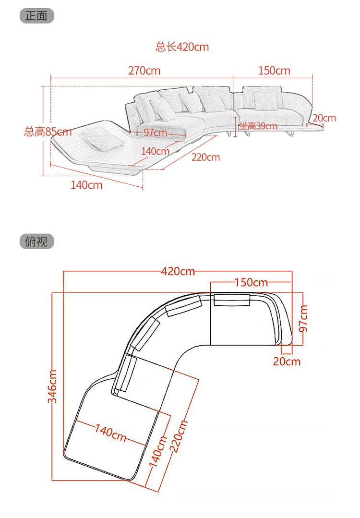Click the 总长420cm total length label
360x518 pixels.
pyautogui.click(x=182, y=47)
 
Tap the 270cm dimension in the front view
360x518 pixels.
pyautogui.click(x=144, y=71)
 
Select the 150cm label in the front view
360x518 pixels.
pyautogui.click(x=274, y=71)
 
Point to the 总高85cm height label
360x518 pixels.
pyautogui.click(x=48, y=132)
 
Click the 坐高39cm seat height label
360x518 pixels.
pyautogui.click(x=258, y=126)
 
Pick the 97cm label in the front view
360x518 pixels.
pyautogui.click(x=155, y=133)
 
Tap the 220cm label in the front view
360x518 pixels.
pyautogui.click(x=206, y=157)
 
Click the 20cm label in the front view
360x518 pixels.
pyautogui.click(x=324, y=118)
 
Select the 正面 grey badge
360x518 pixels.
pyautogui.click(x=36, y=16)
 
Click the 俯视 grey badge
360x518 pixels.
pyautogui.click(x=36, y=241)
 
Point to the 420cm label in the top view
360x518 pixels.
pyautogui.click(x=178, y=272)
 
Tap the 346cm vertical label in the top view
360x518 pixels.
pyautogui.click(x=52, y=386)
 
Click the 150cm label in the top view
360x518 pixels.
pyautogui.click(x=251, y=282)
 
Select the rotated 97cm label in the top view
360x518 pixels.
pyautogui.click(x=303, y=318)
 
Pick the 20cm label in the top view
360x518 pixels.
pyautogui.click(x=287, y=361)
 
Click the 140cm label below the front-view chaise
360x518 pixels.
pyautogui.click(x=86, y=185)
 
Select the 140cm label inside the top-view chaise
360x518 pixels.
pyautogui.click(x=111, y=433)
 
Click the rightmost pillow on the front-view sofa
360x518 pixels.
pyautogui.click(x=265, y=101)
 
